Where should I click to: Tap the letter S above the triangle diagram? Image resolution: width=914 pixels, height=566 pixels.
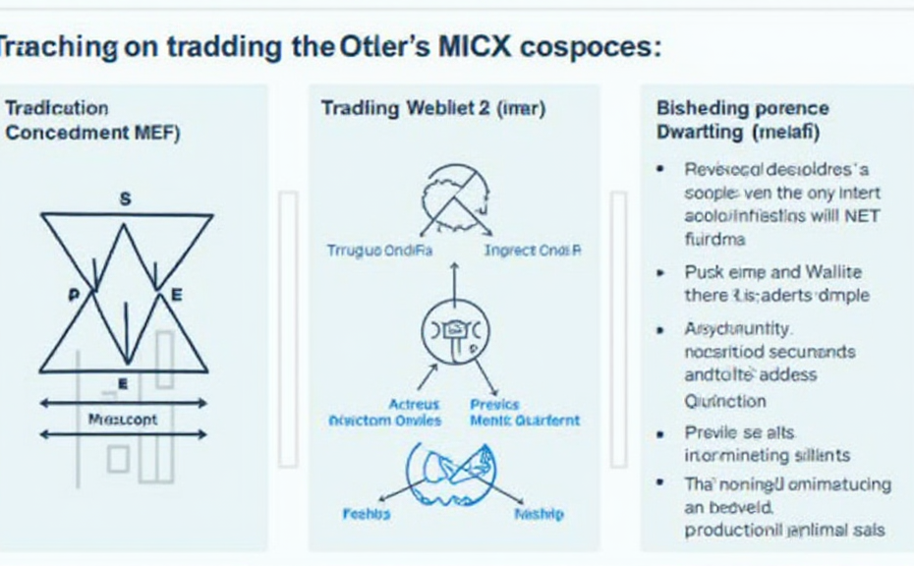click(x=125, y=198)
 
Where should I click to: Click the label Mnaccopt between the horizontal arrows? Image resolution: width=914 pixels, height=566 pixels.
click(x=122, y=420)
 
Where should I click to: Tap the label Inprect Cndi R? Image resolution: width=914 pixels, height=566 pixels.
click(x=534, y=251)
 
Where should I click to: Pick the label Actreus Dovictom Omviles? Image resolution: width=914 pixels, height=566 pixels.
click(x=384, y=412)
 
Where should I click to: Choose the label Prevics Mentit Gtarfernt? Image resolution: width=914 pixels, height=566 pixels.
click(x=525, y=412)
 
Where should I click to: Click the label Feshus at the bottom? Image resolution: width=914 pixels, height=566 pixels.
click(x=366, y=514)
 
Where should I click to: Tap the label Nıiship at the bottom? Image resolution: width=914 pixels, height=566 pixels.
click(x=538, y=514)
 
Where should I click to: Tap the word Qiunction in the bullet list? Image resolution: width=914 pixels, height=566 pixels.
click(x=724, y=400)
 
